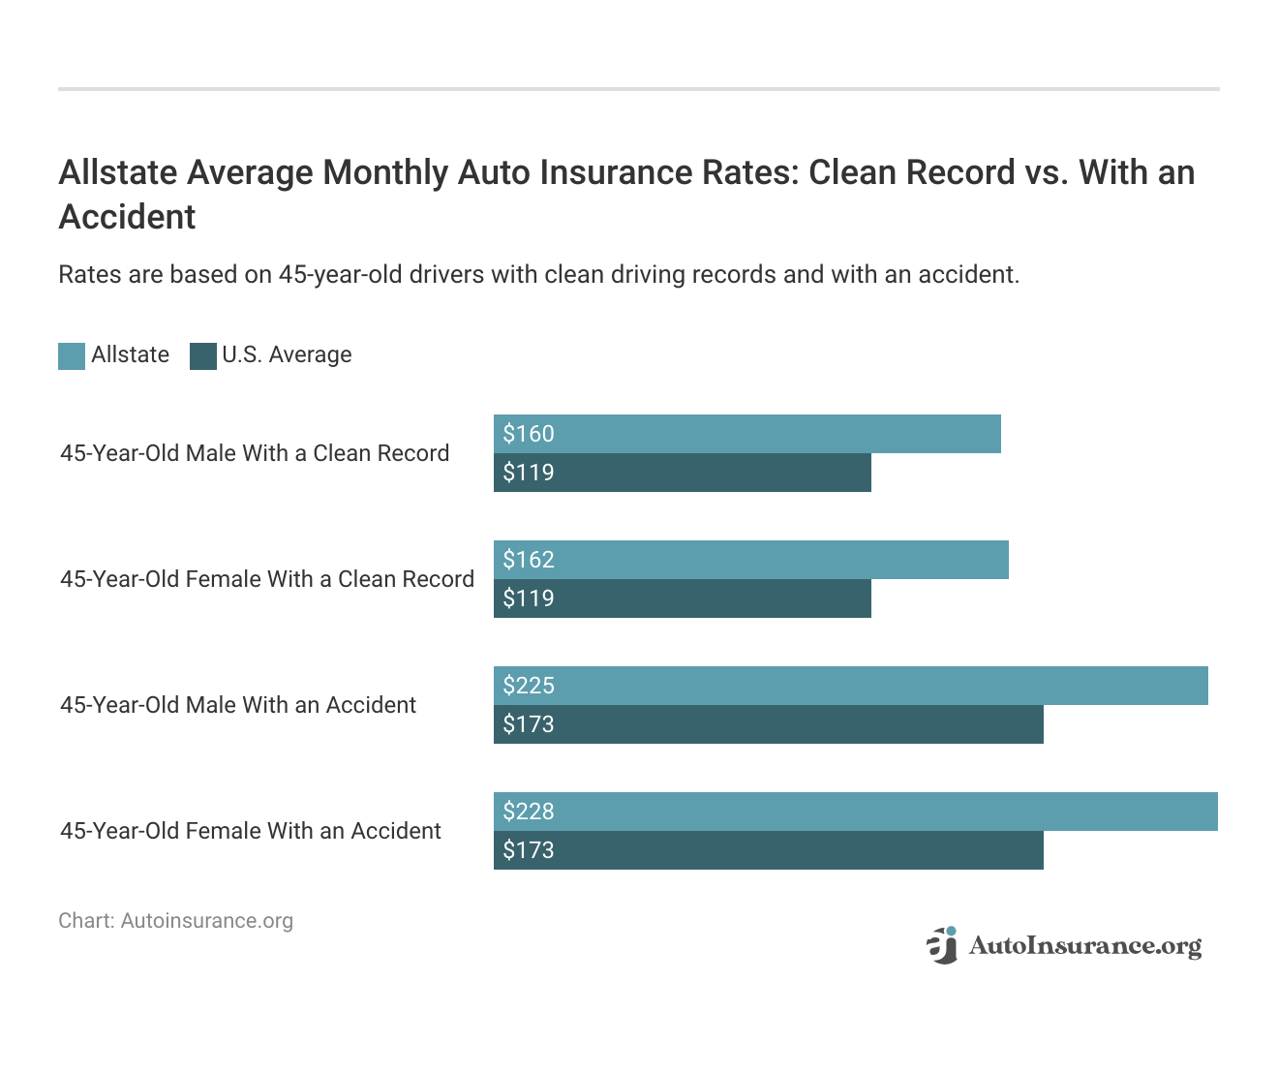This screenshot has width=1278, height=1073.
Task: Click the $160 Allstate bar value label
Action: click(529, 434)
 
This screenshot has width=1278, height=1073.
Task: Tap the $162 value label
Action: click(529, 560)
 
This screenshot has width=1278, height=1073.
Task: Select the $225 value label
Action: click(529, 686)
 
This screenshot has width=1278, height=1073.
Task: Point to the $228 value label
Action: click(529, 812)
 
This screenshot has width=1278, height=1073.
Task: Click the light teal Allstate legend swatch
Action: click(72, 356)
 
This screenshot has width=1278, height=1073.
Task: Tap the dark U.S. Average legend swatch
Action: click(203, 356)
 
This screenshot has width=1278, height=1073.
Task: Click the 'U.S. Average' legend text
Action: click(287, 355)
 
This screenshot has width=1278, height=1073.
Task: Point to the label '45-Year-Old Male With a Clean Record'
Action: click(255, 453)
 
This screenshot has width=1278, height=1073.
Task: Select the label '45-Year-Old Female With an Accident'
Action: click(251, 831)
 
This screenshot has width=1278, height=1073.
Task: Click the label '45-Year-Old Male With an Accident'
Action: click(238, 705)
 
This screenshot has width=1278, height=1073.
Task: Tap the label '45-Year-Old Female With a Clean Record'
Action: click(267, 579)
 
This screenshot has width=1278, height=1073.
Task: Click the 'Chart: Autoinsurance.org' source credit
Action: click(175, 921)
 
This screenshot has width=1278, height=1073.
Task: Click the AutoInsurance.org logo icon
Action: click(942, 945)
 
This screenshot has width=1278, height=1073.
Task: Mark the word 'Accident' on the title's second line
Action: click(127, 217)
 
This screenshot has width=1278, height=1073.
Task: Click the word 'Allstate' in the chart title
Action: click(117, 172)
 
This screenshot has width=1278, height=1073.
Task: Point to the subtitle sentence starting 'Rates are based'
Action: click(538, 275)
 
